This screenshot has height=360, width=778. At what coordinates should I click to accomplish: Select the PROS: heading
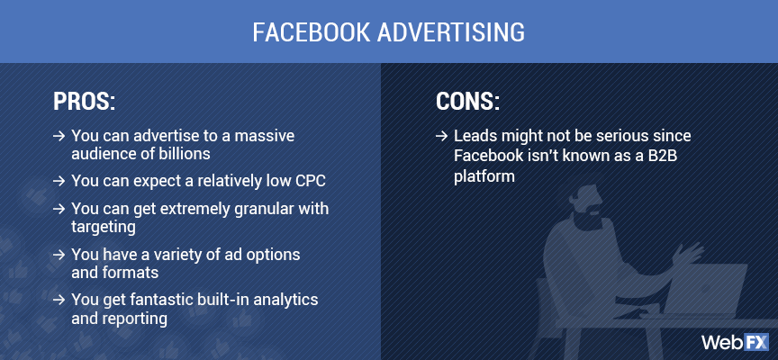coord(85,102)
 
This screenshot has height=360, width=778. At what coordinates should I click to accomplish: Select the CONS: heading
coord(467,102)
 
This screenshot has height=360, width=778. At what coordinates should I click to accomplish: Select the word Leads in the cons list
coord(475,135)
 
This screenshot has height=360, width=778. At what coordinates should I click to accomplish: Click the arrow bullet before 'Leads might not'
coord(440,135)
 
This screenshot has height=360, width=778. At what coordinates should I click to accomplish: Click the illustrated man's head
coord(591,190)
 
